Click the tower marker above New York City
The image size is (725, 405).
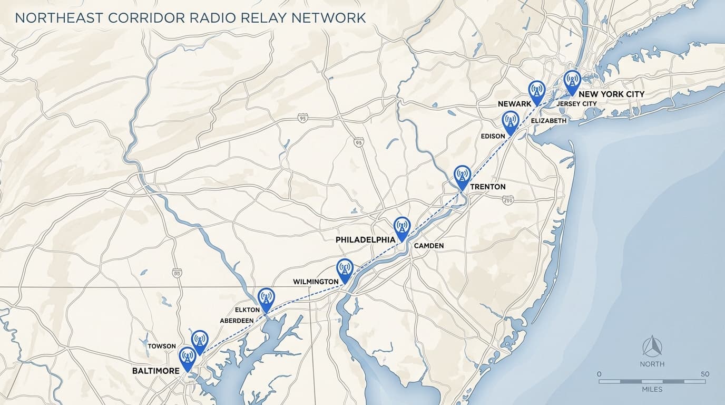[572, 81]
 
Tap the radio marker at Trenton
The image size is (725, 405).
[462, 176]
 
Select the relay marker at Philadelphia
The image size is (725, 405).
[401, 227]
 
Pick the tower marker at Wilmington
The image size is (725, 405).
[345, 269]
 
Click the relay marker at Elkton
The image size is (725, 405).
[266, 298]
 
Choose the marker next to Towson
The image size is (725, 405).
[199, 341]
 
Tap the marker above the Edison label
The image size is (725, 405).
[510, 121]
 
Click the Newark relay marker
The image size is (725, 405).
[536, 91]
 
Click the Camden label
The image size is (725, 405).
[429, 246]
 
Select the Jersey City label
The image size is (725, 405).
[576, 104]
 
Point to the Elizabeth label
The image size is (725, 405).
[549, 121]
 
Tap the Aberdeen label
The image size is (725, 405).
[237, 320]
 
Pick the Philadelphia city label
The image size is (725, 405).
[365, 239]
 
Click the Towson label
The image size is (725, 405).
[162, 346]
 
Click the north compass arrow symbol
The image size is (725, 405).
[652, 346]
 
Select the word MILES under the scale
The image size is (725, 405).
[652, 389]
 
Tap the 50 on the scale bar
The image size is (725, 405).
[705, 374]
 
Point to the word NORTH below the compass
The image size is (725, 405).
[652, 364]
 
